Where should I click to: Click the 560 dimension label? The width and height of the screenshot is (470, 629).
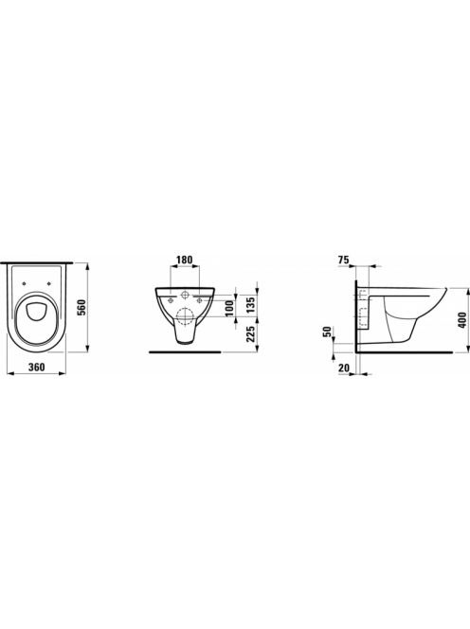[81, 307]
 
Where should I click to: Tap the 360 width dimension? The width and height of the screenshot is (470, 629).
[37, 367]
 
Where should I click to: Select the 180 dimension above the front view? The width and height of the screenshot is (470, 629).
[185, 260]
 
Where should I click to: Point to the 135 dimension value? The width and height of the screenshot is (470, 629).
[249, 306]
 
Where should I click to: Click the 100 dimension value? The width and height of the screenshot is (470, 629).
[229, 308]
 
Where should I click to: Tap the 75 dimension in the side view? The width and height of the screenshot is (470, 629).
[344, 260]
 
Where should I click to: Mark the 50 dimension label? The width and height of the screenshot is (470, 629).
[328, 332]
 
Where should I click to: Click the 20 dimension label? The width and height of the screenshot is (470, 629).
[344, 367]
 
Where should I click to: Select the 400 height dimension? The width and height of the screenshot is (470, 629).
[462, 320]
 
